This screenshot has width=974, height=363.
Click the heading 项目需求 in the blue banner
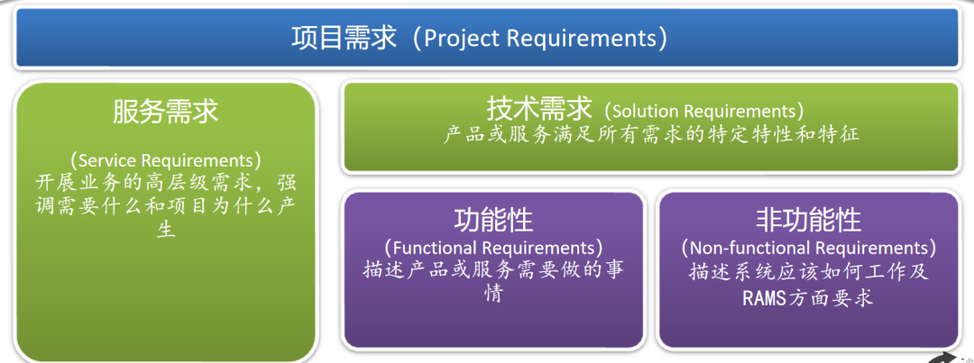click(x=344, y=38)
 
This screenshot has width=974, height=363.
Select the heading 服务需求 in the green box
click(x=165, y=112)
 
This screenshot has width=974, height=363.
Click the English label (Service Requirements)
click(x=165, y=160)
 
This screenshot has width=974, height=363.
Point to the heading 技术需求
click(x=539, y=110)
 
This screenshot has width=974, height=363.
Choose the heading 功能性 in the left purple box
click(x=494, y=221)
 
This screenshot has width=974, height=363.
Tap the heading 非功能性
click(x=808, y=221)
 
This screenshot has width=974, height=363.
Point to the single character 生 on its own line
click(x=165, y=231)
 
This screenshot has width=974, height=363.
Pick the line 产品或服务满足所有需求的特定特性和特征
click(x=652, y=134)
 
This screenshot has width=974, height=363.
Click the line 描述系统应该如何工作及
click(x=808, y=272)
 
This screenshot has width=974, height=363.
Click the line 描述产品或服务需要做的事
click(x=493, y=271)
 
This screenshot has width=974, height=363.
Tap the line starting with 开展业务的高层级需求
click(x=165, y=185)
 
